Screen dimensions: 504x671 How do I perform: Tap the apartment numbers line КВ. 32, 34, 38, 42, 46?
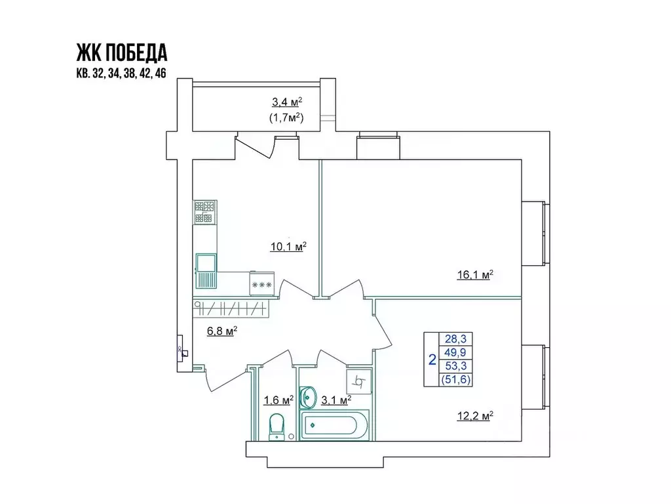pos(121,73)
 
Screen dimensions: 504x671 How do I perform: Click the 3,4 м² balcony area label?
pos(286,102)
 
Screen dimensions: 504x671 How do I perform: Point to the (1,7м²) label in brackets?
pos(286,118)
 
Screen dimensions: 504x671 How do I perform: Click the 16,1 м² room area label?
pos(474,275)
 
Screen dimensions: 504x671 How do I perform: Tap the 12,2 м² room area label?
pos(474,415)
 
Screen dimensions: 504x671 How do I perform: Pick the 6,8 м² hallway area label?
pos(221,331)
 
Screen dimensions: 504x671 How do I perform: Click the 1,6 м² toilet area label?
pos(278,400)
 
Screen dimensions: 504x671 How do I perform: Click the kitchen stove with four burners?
pos(204,213)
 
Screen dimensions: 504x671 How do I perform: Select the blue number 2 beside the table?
pos(432,359)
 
